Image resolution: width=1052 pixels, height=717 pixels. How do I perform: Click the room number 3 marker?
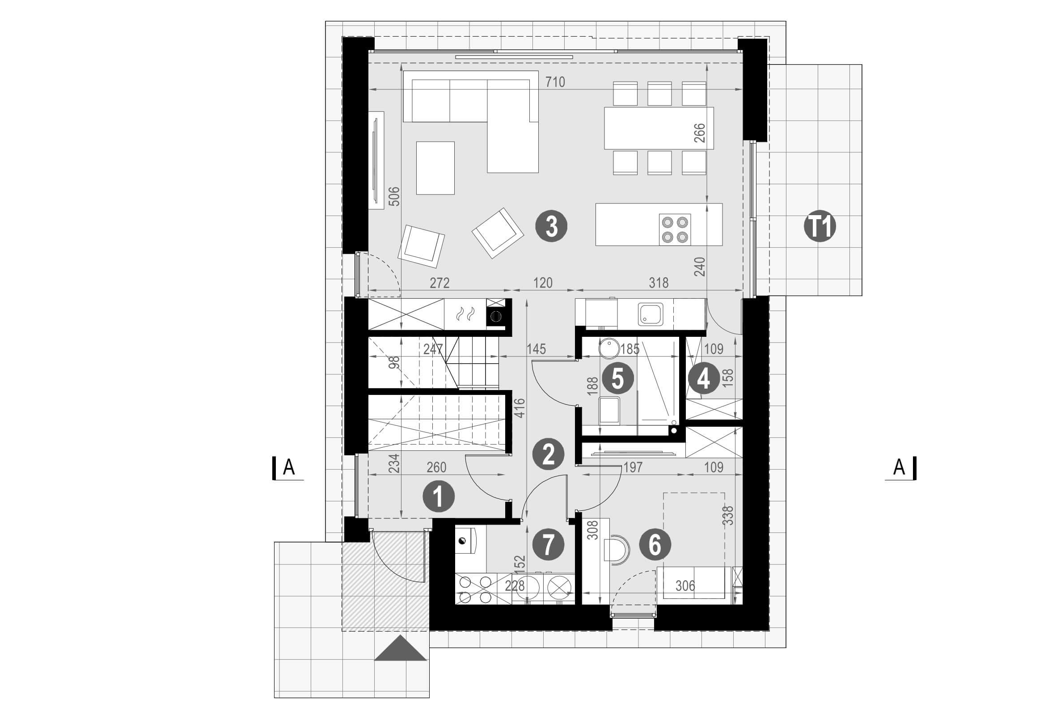click(x=551, y=226)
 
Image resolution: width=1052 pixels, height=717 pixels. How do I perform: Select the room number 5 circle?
click(x=618, y=379)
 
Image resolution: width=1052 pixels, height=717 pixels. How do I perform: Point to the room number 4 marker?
click(x=703, y=379)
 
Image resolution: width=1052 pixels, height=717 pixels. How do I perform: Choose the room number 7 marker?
click(x=548, y=545)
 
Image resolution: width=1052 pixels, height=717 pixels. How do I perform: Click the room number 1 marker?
click(x=438, y=497)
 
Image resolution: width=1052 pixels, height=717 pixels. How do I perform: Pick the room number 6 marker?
click(x=655, y=545)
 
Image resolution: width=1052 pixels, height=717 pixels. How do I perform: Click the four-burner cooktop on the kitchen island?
click(x=675, y=229)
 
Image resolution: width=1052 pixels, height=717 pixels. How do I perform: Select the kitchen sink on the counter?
click(x=651, y=314)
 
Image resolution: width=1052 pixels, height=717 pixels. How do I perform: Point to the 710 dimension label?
click(x=555, y=82)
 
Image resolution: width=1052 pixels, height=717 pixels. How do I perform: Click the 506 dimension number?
click(x=394, y=196)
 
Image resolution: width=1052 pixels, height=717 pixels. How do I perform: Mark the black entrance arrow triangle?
click(x=401, y=648)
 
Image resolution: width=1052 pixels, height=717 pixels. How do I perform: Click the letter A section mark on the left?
click(x=289, y=467)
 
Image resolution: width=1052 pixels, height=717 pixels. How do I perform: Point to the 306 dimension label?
click(x=685, y=585)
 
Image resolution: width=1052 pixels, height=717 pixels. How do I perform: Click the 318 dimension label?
click(x=658, y=283)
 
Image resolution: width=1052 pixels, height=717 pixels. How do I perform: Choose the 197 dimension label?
click(x=632, y=467)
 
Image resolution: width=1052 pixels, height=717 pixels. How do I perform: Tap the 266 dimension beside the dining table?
click(x=700, y=133)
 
